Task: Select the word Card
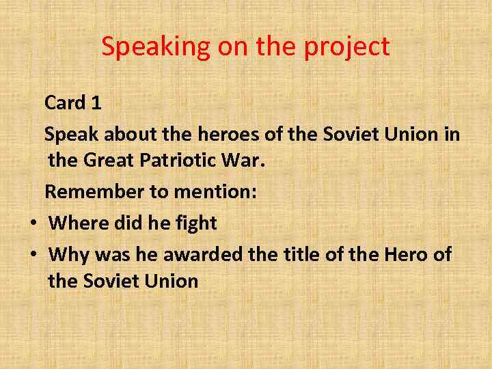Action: pos(64,103)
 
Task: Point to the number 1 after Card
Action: pos(96,103)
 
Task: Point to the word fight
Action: pos(195,223)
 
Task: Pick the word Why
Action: pos(70,255)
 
